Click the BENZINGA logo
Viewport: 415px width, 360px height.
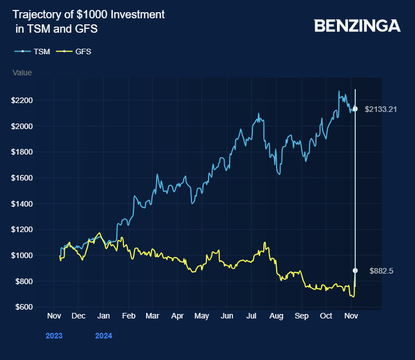coord(357,25)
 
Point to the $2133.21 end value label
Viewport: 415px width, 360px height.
coord(381,109)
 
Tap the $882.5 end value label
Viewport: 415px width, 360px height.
coord(381,271)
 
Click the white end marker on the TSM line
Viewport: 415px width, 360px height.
coord(355,109)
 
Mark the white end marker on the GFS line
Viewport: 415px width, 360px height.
coord(355,271)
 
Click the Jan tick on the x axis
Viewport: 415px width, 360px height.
coord(103,316)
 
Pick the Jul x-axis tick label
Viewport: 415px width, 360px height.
coord(252,316)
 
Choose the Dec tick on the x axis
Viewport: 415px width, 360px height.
coord(78,316)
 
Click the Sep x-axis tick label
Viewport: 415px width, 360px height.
coord(302,316)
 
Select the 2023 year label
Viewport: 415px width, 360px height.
coord(54,336)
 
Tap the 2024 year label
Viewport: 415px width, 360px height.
coord(103,336)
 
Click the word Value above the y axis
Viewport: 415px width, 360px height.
coord(22,73)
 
